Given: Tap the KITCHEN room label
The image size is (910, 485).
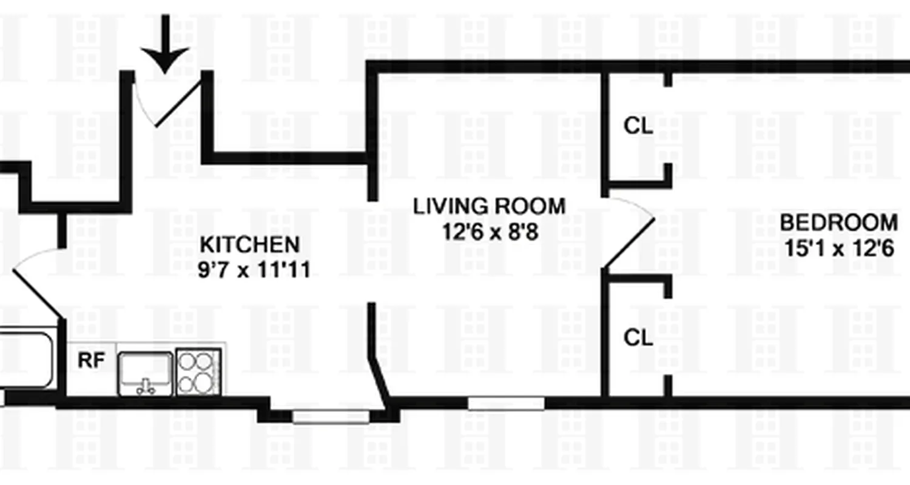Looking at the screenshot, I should point(249,245).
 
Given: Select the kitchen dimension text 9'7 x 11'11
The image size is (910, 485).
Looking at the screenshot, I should point(254,269).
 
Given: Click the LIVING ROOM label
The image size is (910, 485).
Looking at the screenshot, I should point(489,206).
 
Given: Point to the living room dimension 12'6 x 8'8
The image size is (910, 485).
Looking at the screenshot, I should point(489,232).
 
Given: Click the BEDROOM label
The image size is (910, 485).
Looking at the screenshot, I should point(838,222).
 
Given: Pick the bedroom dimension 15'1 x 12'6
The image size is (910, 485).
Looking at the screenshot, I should point(838,249).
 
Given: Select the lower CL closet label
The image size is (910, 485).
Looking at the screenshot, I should point(638,338).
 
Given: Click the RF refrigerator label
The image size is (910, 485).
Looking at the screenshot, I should point(92,361).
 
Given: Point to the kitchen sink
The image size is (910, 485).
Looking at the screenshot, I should point(144,373).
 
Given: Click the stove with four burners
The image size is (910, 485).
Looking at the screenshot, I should point(197,372).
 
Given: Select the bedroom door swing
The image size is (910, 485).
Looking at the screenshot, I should point(631,233).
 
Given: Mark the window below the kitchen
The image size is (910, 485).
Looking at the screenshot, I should point(331,416).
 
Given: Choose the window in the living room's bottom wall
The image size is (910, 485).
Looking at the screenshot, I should point(506,403).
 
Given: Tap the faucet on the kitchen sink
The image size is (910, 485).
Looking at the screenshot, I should point(145,386).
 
